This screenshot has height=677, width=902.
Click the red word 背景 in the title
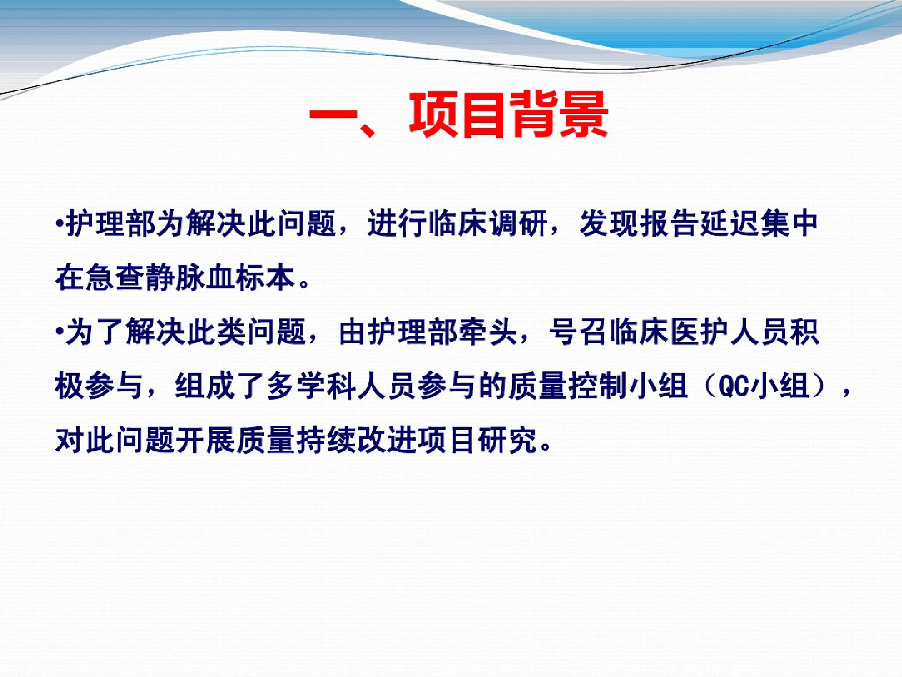point(559,115)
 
